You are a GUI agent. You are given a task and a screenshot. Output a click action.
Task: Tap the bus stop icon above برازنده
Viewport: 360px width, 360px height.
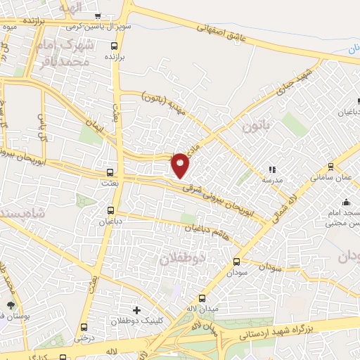114,47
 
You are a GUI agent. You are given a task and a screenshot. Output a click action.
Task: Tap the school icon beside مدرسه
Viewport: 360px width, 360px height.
272,169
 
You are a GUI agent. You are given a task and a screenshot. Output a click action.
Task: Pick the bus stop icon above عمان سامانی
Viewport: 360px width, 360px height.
330,167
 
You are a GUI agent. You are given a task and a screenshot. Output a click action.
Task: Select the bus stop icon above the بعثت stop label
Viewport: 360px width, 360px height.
110,172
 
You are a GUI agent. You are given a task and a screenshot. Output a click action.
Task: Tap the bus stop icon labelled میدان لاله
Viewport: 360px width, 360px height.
202,297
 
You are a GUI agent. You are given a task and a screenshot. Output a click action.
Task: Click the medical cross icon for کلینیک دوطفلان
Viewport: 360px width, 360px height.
136,310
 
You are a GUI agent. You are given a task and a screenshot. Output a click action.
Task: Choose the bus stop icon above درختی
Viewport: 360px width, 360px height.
84,327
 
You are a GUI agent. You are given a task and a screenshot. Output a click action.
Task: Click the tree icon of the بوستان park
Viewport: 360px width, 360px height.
11,305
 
